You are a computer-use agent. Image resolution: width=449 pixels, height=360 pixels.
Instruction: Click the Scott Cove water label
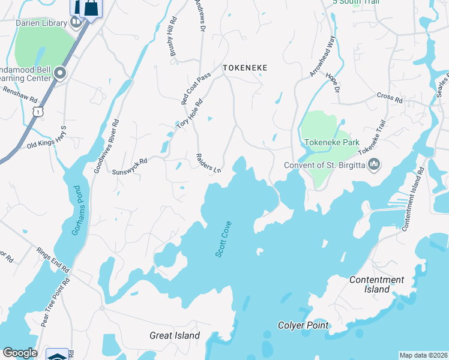click(223, 240)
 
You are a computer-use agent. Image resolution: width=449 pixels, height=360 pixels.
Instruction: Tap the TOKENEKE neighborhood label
click(244, 68)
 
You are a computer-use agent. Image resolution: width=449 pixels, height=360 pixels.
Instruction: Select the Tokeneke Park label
click(332, 142)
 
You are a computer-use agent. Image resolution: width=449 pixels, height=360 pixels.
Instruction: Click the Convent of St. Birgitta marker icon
click(374, 164)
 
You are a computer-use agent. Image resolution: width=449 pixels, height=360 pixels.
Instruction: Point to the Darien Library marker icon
click(76, 23)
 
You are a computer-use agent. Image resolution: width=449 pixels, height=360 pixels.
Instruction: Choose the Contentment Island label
click(377, 284)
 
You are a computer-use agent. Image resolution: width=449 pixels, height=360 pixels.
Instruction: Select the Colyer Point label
click(303, 326)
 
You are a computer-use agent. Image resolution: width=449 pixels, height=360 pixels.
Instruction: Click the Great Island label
click(175, 336)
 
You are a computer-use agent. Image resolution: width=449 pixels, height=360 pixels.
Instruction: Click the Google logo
click(20, 353)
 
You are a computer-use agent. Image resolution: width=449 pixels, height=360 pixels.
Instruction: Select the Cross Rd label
click(390, 97)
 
